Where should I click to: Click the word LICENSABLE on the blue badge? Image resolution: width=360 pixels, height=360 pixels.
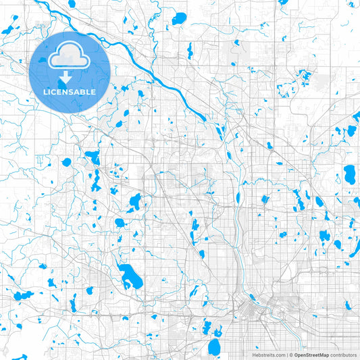pyautogui.click(x=70, y=92)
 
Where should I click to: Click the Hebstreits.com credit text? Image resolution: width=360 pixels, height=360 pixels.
pyautogui.click(x=267, y=355)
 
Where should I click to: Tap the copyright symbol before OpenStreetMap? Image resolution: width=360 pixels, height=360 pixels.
pyautogui.click(x=290, y=355)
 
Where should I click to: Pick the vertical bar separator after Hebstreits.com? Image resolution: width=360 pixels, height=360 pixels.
pyautogui.click(x=286, y=355)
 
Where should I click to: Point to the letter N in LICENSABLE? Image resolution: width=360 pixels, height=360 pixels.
pyautogui.click(x=66, y=92)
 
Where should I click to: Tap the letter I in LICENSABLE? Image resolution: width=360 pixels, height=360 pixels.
pyautogui.click(x=49, y=92)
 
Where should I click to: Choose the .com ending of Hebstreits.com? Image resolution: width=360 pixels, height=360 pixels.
pyautogui.click(x=278, y=355)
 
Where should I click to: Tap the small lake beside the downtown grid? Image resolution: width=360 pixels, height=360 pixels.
pyautogui.click(x=251, y=297)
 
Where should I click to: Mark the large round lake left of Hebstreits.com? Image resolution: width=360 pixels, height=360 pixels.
pyautogui.click(x=215, y=347)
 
